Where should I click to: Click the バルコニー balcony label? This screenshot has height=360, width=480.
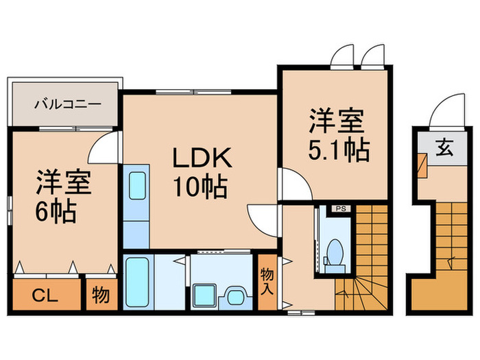(68, 105)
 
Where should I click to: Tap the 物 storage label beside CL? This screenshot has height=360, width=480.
(101, 296)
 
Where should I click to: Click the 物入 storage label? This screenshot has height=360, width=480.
(267, 281)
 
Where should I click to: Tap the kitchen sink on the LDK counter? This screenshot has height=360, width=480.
(136, 184)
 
